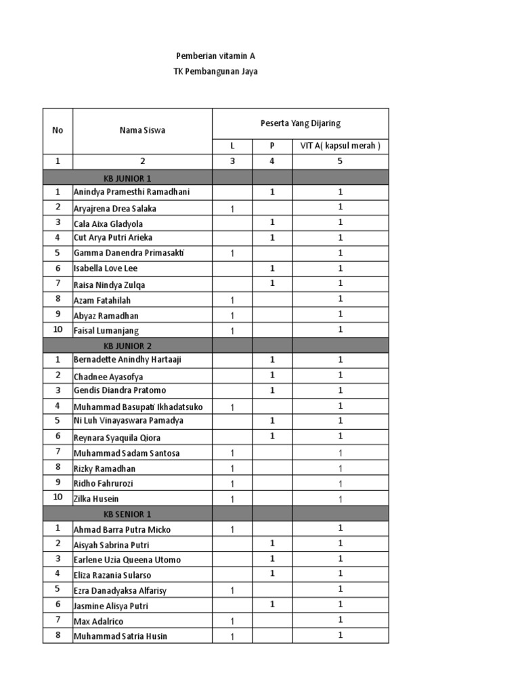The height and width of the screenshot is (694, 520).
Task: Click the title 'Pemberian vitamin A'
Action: [x=215, y=56]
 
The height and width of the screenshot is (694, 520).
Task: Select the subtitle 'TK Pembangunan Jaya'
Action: [x=215, y=71]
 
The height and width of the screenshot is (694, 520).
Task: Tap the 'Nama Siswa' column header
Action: [x=142, y=130]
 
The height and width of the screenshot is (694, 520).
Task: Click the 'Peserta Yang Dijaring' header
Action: [x=300, y=123]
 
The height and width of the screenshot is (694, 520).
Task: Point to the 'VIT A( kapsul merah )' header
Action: [x=341, y=145]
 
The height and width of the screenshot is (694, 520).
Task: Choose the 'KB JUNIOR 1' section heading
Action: [x=127, y=178]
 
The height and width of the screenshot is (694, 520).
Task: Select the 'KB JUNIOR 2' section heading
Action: [x=127, y=346]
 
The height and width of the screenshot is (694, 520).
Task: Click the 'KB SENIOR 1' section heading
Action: [x=127, y=514]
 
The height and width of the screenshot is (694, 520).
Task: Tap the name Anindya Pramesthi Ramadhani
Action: [x=131, y=192]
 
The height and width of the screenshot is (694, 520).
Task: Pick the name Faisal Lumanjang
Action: [x=106, y=331]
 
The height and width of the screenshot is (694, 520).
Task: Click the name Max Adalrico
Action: [x=98, y=621]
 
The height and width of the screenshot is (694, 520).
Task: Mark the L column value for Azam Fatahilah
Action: [x=232, y=300]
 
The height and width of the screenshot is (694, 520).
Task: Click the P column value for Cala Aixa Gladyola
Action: [x=272, y=222]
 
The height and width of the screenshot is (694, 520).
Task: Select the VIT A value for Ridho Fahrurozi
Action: [x=341, y=484]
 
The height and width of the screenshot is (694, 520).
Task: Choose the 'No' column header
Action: [x=58, y=130]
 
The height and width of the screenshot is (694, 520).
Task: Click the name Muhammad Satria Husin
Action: [x=120, y=636]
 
